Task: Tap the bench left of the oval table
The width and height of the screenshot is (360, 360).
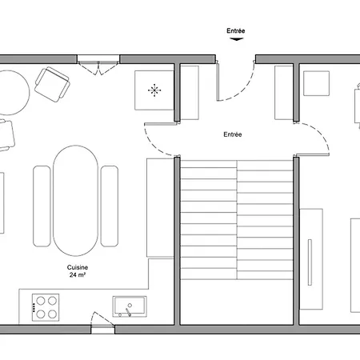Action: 42,206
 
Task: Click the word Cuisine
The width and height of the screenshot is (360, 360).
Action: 77,267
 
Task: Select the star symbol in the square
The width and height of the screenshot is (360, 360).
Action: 154,90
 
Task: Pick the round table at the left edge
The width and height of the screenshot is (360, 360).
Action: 11,92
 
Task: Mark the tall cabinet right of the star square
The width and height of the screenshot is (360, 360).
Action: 190,93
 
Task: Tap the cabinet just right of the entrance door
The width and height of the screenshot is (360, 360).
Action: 283,93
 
